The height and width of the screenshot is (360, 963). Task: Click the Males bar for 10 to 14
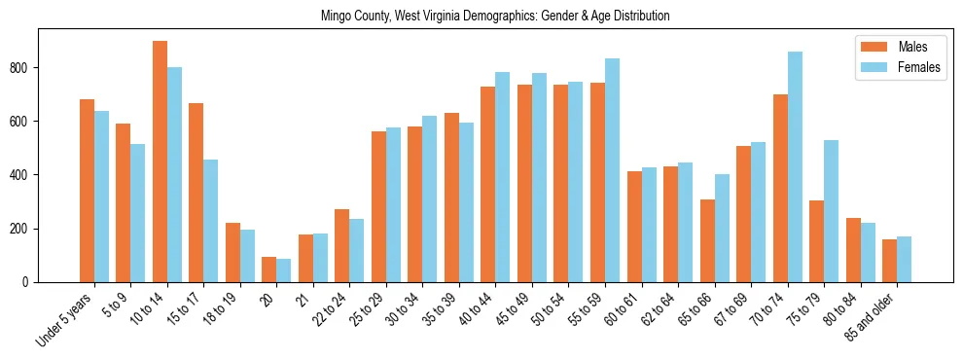[160, 162]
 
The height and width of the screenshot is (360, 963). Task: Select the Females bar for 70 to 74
[795, 167]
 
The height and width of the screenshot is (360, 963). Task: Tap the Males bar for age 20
[269, 270]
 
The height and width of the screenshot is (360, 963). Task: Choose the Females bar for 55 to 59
[612, 170]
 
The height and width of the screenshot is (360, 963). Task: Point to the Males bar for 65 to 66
[707, 240]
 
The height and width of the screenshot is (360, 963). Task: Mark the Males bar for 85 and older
[889, 261]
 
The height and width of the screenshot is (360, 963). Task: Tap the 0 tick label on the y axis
[29, 282]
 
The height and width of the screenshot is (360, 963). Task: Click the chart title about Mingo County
[495, 17]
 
